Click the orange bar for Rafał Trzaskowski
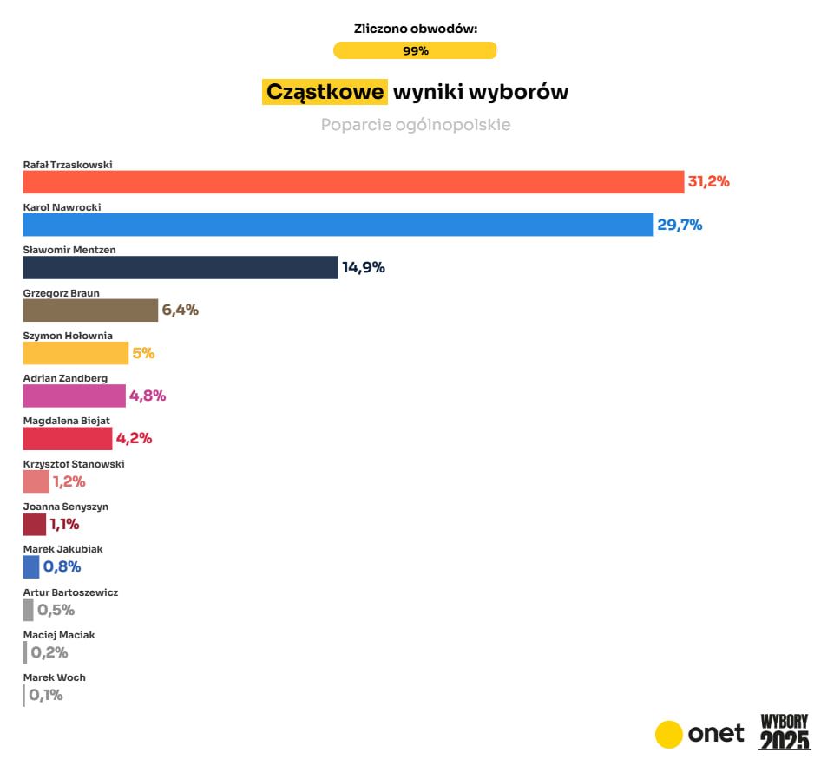353,182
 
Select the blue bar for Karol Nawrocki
338,225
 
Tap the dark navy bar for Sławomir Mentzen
181,267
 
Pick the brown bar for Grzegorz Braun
90,310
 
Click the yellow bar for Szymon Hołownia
76,353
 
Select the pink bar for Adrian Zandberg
74,396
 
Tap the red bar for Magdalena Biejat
68,438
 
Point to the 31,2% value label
709,182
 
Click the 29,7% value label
680,225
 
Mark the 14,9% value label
364,267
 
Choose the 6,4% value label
181,310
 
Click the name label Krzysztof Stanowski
74,464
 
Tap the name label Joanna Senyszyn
66,507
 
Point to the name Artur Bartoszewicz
70,592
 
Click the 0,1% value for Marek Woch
46,695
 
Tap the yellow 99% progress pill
415,50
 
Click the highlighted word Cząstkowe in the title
325,92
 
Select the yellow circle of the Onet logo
669,734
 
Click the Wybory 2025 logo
785,732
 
